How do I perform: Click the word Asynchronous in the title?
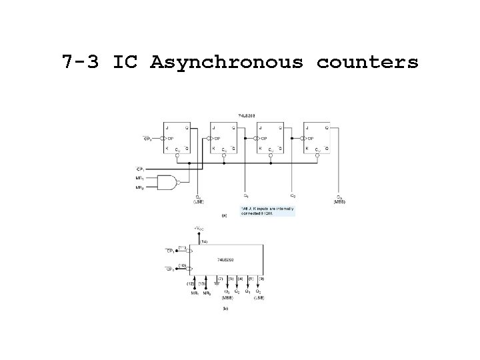(227, 63)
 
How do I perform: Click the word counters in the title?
(367, 63)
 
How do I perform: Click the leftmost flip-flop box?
(176, 138)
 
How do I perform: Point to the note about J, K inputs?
(267, 210)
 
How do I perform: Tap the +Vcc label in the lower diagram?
(198, 229)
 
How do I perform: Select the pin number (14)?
(204, 241)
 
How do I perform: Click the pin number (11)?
(182, 247)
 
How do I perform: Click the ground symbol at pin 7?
(212, 285)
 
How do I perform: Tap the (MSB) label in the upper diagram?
(339, 201)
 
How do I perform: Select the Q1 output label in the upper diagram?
(246, 196)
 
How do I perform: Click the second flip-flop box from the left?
(223, 138)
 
